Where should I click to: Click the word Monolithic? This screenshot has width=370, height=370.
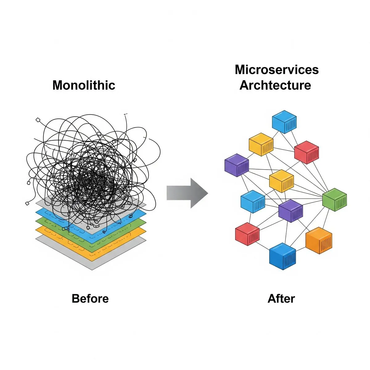coord(84,85)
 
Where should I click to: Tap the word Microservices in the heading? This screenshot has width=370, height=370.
coord(277,69)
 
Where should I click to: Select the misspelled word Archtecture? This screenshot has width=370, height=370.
coord(275,85)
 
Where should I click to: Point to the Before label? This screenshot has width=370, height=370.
coord(90,298)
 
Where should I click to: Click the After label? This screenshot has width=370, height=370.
coord(281,298)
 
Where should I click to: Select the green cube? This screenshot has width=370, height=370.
coord(335,199)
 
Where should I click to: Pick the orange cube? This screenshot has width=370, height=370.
coord(319,240)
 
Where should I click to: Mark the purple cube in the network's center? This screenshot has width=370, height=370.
coord(290,211)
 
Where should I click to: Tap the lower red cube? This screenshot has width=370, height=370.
coord(247,234)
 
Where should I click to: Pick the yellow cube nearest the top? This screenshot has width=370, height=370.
coord(261,144)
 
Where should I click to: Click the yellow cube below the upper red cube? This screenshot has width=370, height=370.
coord(282,181)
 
